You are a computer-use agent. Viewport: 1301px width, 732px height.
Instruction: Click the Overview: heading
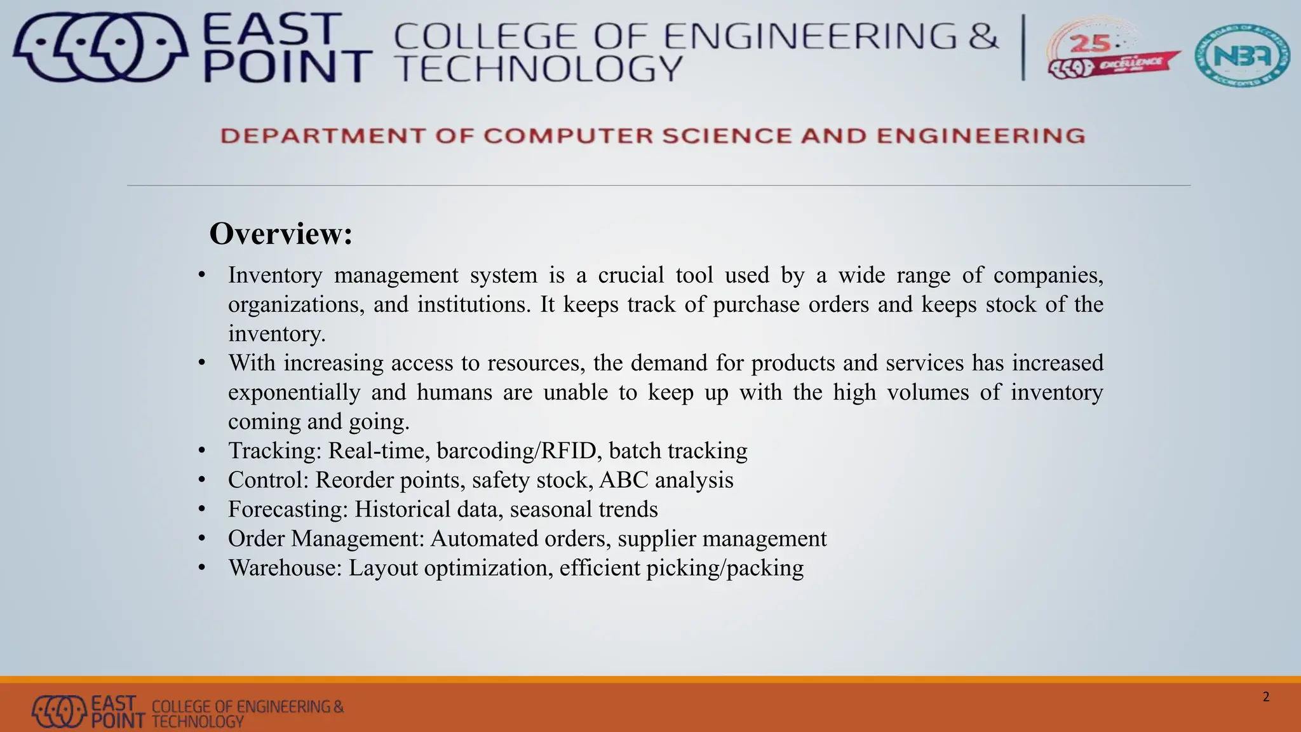(280, 234)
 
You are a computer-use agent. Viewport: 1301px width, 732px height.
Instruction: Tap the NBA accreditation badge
(1242, 56)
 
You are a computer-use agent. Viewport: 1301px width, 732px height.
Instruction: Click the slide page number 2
(1265, 697)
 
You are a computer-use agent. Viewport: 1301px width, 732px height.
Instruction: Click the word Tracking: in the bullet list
(275, 451)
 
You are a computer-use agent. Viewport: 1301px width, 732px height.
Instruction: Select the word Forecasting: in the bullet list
(288, 509)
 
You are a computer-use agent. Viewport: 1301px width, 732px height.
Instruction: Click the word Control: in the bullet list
(268, 480)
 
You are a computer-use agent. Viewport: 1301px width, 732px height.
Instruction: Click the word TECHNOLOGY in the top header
(538, 69)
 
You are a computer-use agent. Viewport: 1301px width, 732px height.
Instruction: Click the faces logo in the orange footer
(59, 711)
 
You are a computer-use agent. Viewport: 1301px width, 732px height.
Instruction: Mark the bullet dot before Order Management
(202, 539)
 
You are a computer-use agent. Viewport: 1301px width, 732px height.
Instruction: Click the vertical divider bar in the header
(1023, 48)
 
